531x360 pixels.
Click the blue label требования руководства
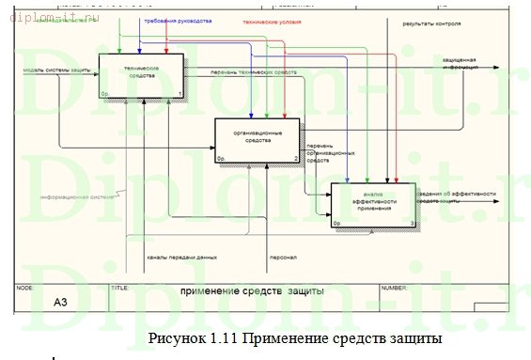(x=177, y=20)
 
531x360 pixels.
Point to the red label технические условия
(x=273, y=20)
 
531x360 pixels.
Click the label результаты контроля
(x=431, y=20)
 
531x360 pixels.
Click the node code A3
(x=60, y=302)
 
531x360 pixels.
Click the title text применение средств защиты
(x=253, y=291)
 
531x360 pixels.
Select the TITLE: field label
(x=120, y=287)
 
